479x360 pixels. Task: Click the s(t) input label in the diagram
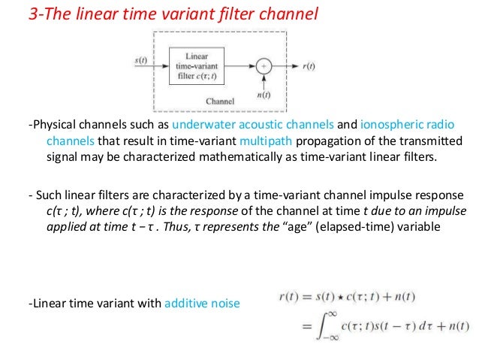[140, 59]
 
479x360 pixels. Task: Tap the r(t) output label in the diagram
[307, 66]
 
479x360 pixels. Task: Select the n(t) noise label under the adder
[264, 95]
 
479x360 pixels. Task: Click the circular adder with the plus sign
[264, 66]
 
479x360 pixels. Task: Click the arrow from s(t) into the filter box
[158, 66]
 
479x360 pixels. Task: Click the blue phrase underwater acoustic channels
[244, 126]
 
